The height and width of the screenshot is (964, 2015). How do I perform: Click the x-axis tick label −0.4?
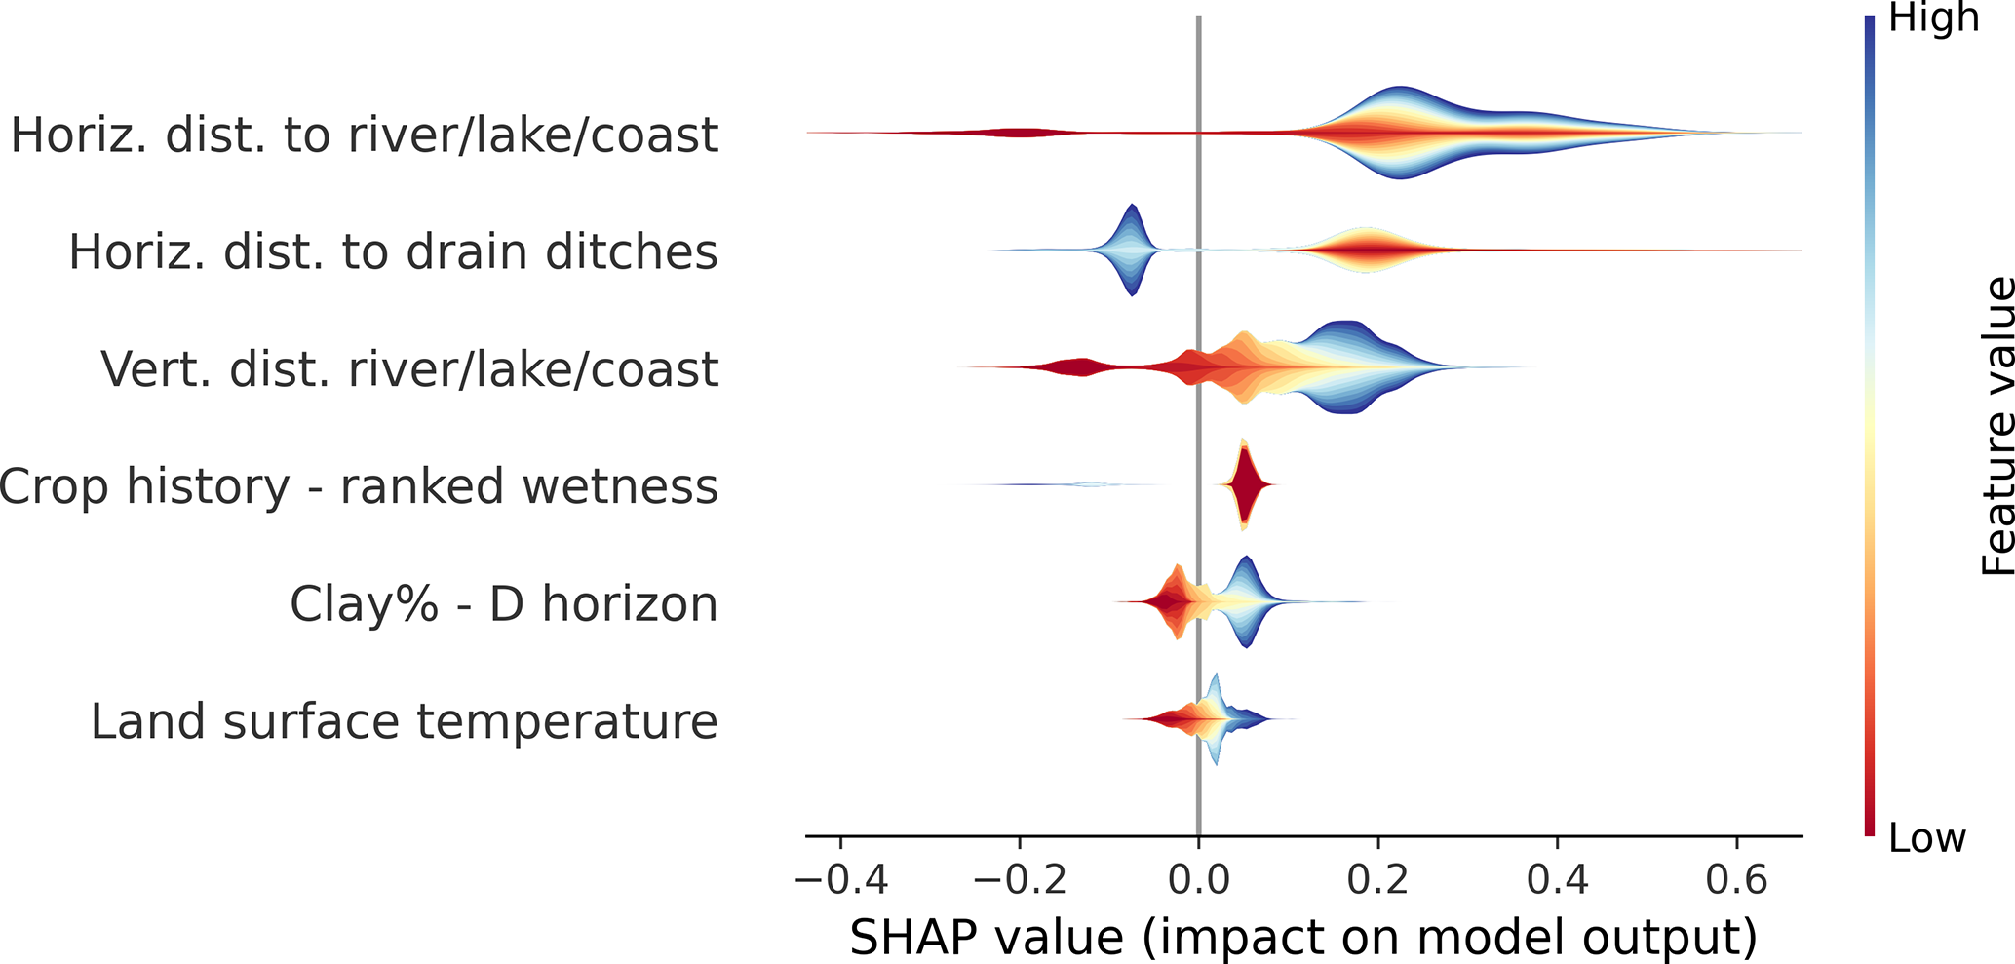[x=840, y=880]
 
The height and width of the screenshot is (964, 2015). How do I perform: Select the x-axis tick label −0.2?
[x=1020, y=880]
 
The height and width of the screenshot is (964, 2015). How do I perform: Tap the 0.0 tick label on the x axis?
[x=1199, y=880]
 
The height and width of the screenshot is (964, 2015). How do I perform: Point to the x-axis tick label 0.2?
[x=1377, y=880]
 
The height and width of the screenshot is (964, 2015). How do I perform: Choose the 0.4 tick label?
[x=1557, y=880]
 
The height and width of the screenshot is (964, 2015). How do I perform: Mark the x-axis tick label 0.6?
[x=1736, y=880]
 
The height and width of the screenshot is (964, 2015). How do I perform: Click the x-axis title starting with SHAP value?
[x=1303, y=937]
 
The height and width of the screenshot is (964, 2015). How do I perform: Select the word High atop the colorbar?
[x=1933, y=19]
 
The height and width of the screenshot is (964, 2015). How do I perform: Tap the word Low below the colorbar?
[x=1926, y=838]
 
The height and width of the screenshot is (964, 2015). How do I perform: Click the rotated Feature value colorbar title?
[x=1997, y=426]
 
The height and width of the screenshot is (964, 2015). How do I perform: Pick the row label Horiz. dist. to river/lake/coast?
[x=365, y=135]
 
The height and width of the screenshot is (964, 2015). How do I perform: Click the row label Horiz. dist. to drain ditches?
[x=393, y=252]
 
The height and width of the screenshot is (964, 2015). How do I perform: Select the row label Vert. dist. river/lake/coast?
[x=409, y=369]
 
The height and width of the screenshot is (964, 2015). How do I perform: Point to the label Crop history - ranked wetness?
[x=359, y=486]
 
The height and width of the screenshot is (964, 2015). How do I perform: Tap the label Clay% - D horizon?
[x=503, y=604]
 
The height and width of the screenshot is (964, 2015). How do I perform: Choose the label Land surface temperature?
[x=404, y=722]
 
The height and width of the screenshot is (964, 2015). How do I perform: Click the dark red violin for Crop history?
[x=1245, y=484]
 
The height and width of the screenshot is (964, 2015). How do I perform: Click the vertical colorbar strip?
[x=1869, y=426]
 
